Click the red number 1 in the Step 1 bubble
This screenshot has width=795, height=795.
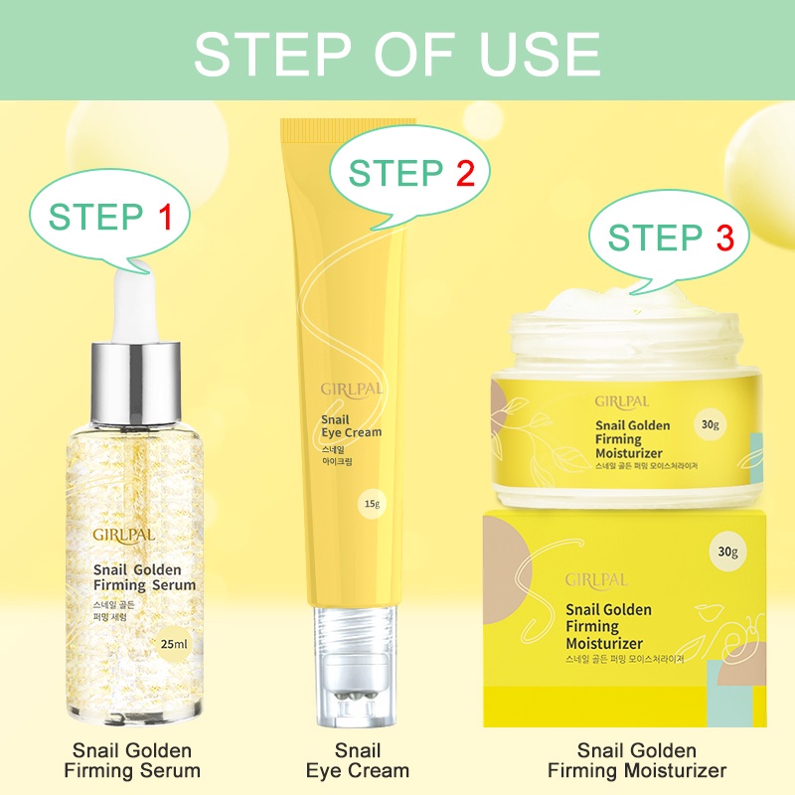coord(165,217)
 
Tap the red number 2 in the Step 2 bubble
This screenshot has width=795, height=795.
coord(465,173)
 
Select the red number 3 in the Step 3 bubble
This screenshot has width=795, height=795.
coord(725,238)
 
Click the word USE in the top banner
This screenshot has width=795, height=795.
coord(539,55)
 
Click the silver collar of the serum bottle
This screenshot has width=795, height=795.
coord(136,384)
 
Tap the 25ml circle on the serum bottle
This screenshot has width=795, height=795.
coord(173,644)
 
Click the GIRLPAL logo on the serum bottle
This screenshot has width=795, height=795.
coord(123,536)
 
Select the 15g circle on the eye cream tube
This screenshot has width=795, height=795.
coord(372,504)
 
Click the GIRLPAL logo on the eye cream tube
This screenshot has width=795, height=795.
coord(352,390)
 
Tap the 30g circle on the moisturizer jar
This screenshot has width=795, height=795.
coord(710,424)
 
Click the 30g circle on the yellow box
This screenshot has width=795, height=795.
coord(727,552)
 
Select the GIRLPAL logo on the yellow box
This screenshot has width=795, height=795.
coord(596,580)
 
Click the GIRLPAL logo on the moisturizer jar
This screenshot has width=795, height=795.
coord(622,402)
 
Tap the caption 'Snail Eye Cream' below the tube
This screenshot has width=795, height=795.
coord(358,760)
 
